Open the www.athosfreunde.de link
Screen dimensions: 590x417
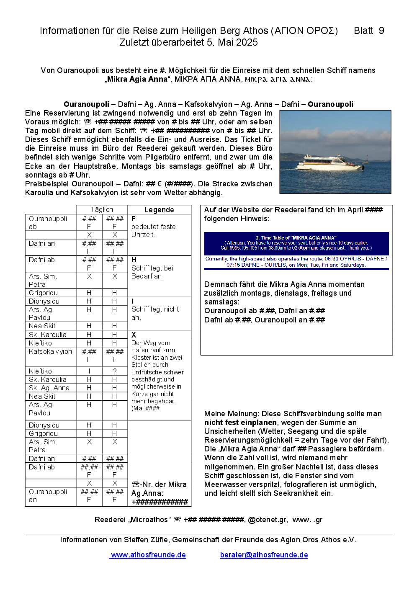[148, 555]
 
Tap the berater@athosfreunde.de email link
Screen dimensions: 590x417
[264, 555]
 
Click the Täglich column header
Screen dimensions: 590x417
[102, 209]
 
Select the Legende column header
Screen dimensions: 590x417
[159, 210]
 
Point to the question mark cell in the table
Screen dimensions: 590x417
[115, 371]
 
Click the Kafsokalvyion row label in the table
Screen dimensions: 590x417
[50, 351]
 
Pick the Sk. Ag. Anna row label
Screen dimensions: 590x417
[49, 388]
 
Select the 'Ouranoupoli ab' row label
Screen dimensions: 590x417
[48, 222]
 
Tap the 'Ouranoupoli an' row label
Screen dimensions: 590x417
[48, 495]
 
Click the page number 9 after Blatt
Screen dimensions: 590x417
[381, 31]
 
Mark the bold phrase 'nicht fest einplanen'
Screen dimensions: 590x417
[240, 423]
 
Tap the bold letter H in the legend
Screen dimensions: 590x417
[134, 260]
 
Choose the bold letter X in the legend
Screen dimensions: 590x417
[134, 335]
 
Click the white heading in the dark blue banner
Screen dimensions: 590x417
[296, 238]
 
